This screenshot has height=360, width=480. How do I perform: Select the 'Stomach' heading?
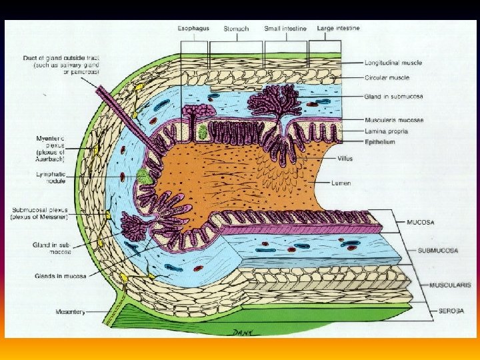[236, 29]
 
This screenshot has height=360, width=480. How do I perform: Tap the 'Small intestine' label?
[285, 29]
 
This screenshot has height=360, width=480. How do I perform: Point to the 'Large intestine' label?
[339, 28]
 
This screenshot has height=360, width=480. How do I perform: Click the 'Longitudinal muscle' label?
[393, 63]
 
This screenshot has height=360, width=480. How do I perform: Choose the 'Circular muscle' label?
[387, 78]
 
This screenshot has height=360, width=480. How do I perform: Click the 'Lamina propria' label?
[387, 131]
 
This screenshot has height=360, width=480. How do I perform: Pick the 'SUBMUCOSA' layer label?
[437, 251]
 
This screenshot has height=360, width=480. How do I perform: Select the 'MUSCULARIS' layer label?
[450, 285]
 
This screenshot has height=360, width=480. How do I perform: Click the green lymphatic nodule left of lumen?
[144, 177]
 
